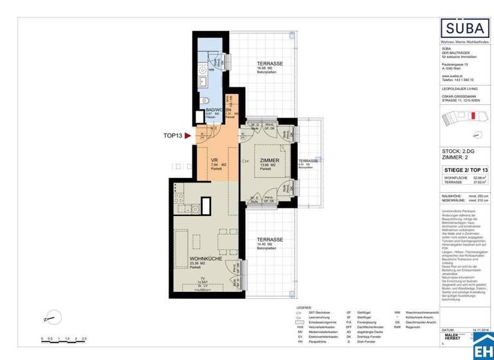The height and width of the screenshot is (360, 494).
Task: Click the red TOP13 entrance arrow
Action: click(x=188, y=136)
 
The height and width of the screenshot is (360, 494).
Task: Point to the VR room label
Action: click(x=216, y=160)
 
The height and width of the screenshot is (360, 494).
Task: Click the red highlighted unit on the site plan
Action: click(x=472, y=116)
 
